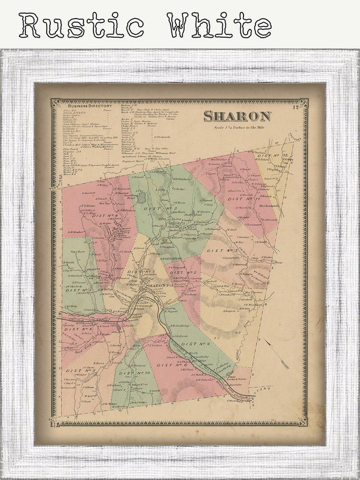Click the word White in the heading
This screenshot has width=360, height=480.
(x=219, y=25)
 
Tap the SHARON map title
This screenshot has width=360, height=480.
(x=237, y=116)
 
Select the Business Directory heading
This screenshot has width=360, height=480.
(x=90, y=106)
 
